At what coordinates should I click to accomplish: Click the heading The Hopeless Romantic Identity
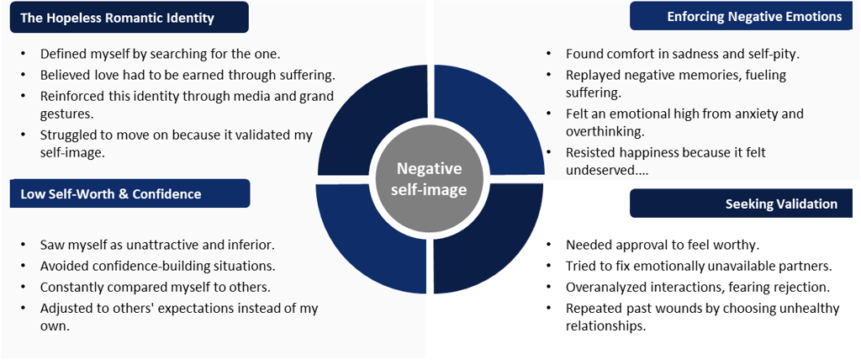point(117,17)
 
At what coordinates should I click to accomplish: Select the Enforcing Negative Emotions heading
point(753,16)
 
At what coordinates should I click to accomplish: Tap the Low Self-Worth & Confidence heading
point(110,194)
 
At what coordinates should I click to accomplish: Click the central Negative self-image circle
point(431,178)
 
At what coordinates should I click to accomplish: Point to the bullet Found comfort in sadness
point(682,54)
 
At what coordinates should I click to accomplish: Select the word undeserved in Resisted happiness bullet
point(600,170)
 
